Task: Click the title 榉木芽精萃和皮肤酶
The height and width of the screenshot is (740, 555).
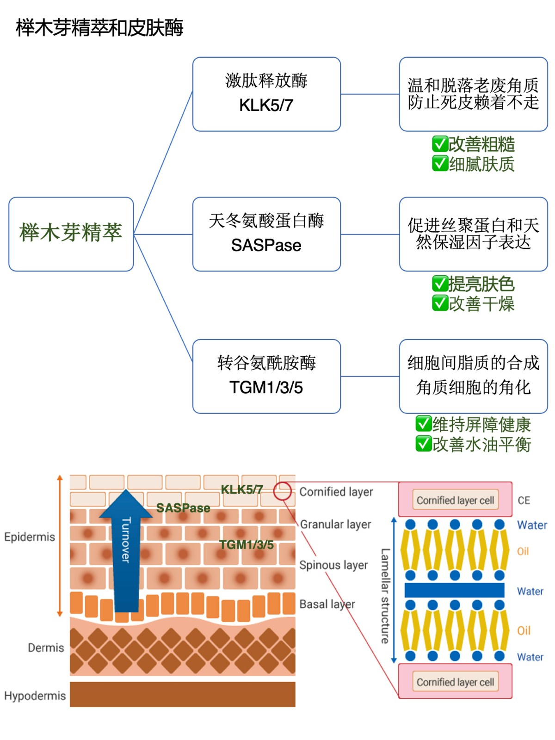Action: point(99,28)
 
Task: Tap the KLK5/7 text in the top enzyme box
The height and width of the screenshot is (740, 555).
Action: point(266,105)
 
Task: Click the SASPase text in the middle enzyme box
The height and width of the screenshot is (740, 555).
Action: point(266,245)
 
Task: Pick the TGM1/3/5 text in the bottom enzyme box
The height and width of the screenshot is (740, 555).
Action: point(266,388)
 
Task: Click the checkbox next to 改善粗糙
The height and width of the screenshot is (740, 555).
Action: point(439,144)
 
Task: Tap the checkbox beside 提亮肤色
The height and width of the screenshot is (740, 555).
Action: point(439,284)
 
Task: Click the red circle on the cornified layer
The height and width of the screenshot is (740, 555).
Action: point(282,491)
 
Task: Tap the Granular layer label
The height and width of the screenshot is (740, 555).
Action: point(335,524)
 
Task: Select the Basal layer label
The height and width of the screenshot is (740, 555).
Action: point(327,604)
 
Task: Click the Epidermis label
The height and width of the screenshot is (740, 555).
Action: point(30,537)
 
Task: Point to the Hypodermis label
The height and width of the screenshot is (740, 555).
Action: point(35,696)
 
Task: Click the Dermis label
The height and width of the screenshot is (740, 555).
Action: point(46,647)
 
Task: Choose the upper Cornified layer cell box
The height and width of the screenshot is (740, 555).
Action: point(455,500)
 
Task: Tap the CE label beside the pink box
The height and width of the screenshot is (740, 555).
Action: point(524,500)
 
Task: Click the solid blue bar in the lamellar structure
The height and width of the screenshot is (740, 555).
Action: point(454,590)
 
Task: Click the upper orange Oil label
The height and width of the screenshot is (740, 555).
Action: point(523,551)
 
